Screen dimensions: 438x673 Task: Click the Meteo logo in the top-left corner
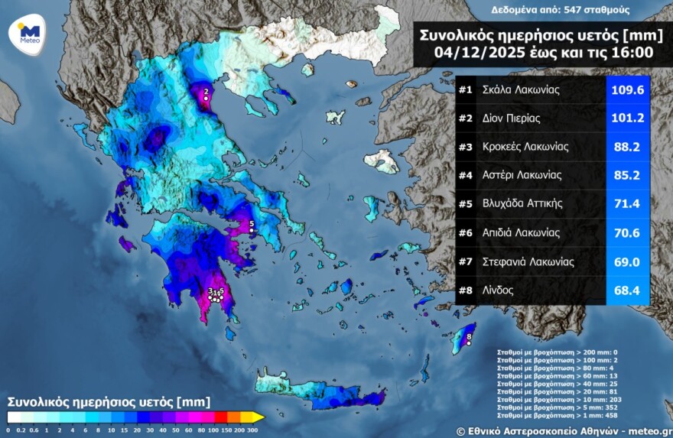(x=29, y=34)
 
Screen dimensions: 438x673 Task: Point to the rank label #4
(x=465, y=175)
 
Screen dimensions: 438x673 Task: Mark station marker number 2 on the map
(x=205, y=98)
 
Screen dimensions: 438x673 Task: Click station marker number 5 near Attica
(x=251, y=229)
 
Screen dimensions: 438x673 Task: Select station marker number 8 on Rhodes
(x=469, y=342)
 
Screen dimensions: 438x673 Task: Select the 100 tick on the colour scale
(x=200, y=430)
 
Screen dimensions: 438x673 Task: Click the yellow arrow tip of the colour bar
(x=260, y=417)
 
